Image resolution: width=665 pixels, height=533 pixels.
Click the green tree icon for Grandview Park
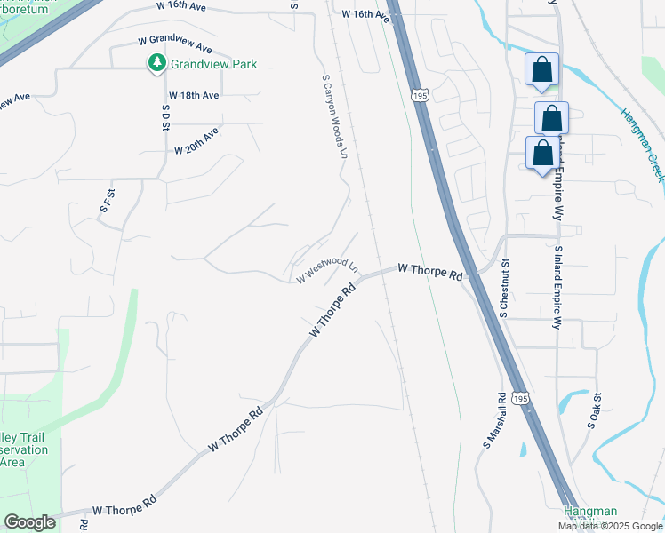coord(156,62)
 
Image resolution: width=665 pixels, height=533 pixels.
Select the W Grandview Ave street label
coord(175,43)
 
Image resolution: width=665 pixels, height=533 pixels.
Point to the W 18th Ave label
coord(194,95)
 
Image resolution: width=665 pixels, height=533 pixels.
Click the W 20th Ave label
coord(196,141)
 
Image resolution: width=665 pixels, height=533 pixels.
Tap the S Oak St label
coord(595,411)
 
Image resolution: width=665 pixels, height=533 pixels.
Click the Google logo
coord(29,522)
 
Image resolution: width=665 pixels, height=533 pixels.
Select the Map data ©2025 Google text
coord(611,526)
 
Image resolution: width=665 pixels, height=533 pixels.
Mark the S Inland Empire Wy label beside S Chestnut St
coord(558,289)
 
